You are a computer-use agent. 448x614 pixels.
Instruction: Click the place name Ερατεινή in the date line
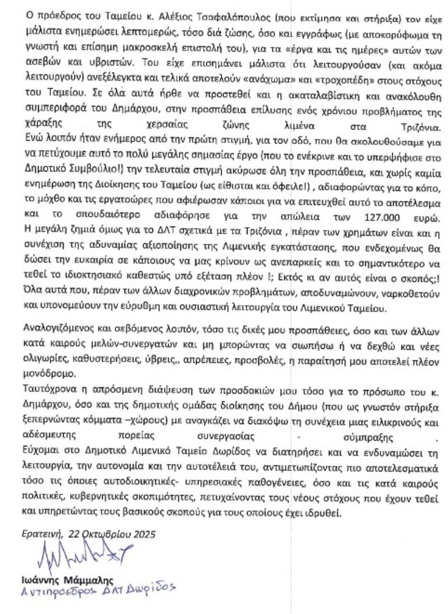41,533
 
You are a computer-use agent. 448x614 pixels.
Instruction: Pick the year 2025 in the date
143,533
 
